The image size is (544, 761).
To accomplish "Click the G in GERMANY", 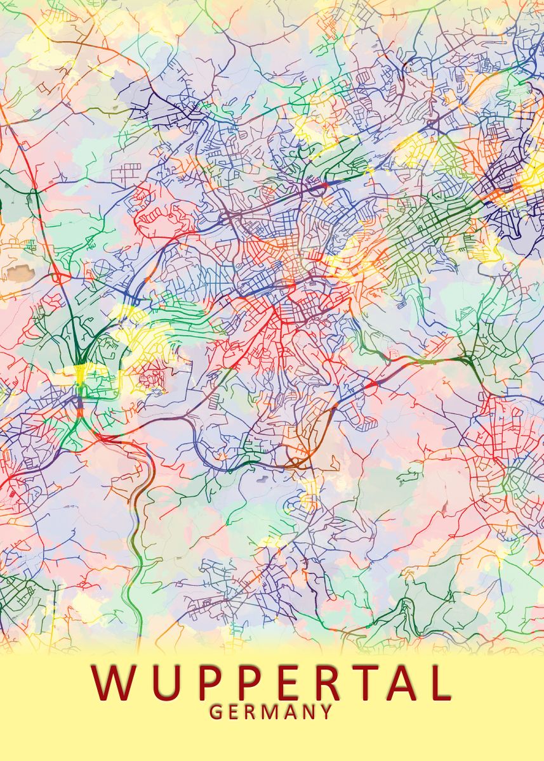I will point(216,712).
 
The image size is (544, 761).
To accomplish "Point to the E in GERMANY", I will point(233,712).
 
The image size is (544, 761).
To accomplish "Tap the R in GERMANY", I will point(249,712).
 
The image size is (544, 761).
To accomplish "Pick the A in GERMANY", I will point(289,712).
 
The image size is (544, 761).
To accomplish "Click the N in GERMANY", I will point(307,712).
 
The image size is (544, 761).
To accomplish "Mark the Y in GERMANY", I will point(326,712).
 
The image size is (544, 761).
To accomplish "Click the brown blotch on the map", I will point(18,273).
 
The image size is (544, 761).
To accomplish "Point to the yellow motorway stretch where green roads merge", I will point(81,374).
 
